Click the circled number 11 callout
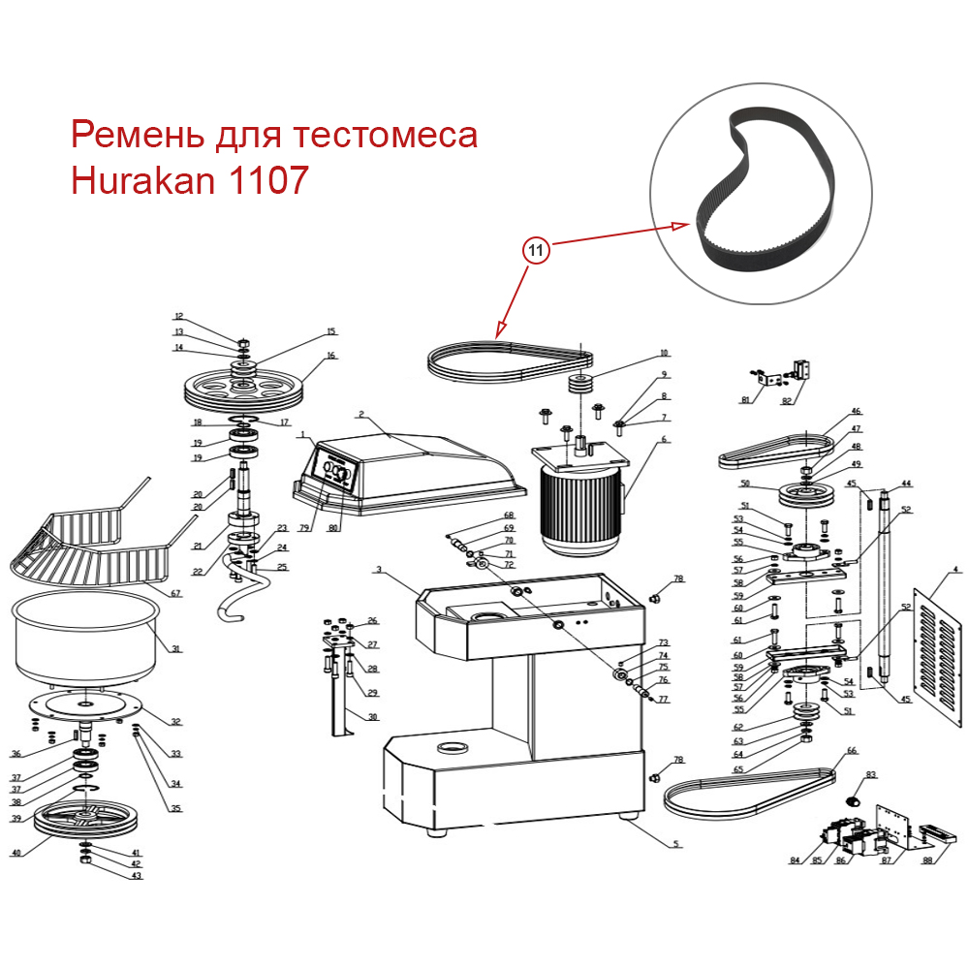tap(537, 250)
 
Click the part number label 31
tap(175, 648)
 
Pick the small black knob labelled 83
tap(853, 800)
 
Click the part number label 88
tap(927, 860)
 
